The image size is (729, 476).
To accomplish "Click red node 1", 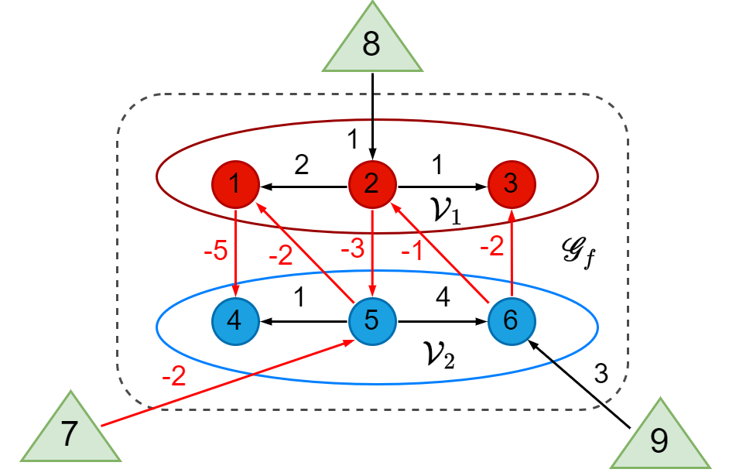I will [x=235, y=184].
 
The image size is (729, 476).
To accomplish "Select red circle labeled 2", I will [x=372, y=184].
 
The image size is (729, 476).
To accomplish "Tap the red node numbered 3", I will [x=511, y=184].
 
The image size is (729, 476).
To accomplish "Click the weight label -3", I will [x=351, y=248].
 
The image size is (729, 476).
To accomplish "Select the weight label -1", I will [x=412, y=250].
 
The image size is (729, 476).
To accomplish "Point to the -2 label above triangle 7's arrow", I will [x=173, y=376].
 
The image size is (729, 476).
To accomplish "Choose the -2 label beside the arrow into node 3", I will [x=491, y=247].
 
